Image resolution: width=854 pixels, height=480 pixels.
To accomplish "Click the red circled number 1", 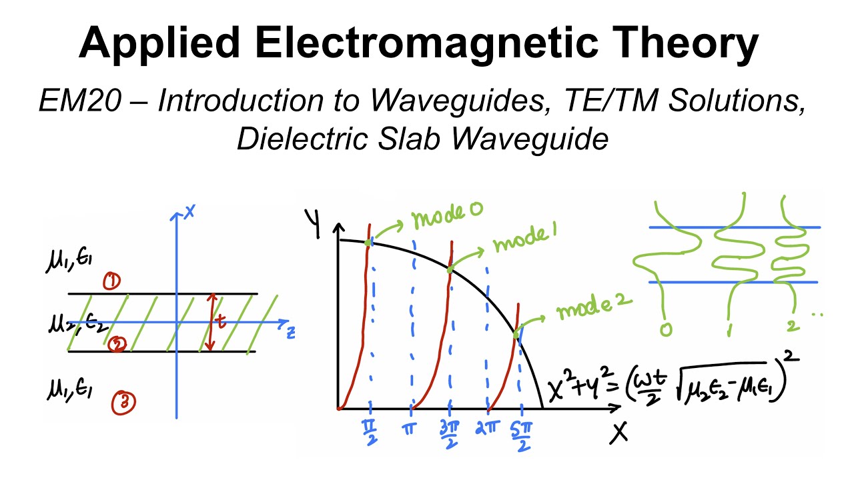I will (111, 283).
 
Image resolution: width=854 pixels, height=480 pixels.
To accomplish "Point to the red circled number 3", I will (125, 402).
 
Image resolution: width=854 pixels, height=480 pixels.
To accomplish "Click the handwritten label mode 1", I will (525, 239).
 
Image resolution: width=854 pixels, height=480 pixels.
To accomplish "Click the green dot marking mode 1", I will (450, 269).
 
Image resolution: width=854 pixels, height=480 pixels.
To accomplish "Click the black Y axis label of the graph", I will (313, 223).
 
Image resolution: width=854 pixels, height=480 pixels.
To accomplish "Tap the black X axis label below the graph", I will (620, 433).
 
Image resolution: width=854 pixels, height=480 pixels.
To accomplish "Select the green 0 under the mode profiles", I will (665, 329).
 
